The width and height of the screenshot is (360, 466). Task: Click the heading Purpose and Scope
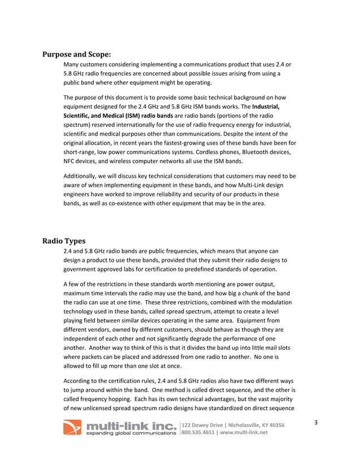coord(77,55)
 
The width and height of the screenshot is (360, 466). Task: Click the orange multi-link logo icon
coord(72,428)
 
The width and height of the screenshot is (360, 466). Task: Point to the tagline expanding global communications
coord(130,433)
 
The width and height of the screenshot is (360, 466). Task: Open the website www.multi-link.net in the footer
coord(247,433)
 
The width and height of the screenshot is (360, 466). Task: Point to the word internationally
coord(145,125)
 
